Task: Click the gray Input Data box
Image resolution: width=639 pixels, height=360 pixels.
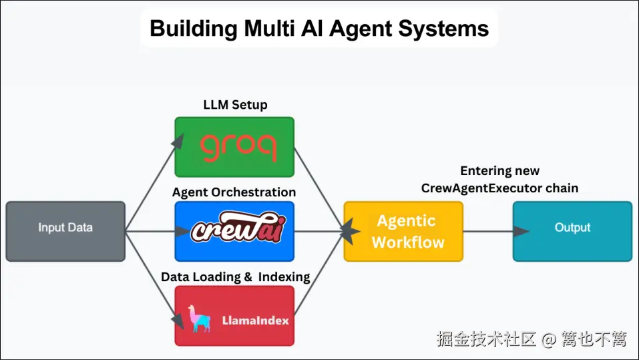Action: [x=65, y=231]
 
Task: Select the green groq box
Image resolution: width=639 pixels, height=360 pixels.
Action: [x=234, y=147]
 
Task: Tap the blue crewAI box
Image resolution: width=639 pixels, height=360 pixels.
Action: [x=234, y=231]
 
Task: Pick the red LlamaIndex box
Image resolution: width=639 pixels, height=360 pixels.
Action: [x=234, y=316]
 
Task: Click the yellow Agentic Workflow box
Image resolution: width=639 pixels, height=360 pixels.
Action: [x=403, y=231]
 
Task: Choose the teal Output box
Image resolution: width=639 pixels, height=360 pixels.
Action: [x=572, y=231]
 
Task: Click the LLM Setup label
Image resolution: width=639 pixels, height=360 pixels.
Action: [x=235, y=105]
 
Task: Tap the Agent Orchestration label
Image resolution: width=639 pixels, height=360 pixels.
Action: [x=234, y=192]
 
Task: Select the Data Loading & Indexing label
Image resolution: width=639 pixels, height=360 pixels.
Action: [x=235, y=277]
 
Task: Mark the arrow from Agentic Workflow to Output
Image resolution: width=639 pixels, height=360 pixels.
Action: [x=494, y=231]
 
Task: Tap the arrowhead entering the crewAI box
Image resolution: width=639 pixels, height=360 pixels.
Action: [x=182, y=231]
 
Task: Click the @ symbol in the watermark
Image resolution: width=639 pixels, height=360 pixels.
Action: [x=548, y=340]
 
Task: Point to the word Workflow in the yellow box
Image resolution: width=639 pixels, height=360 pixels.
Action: [x=408, y=242]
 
